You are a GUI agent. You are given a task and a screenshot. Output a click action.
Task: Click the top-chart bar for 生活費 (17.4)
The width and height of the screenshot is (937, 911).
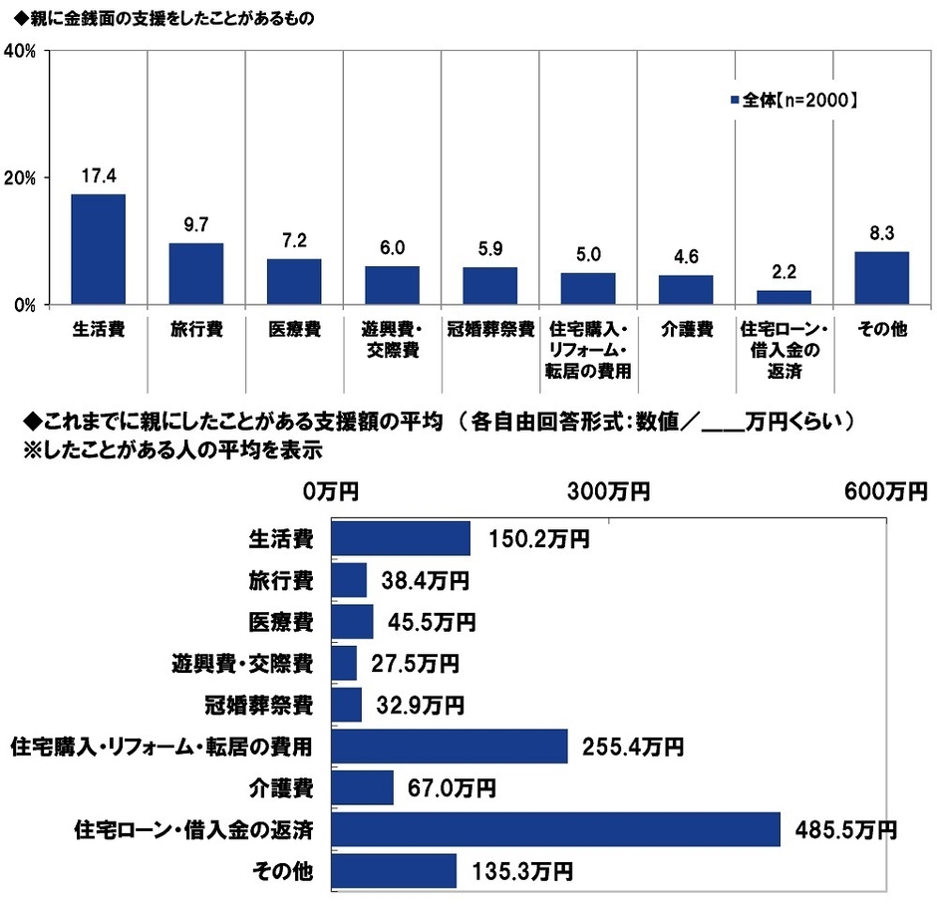(x=98, y=249)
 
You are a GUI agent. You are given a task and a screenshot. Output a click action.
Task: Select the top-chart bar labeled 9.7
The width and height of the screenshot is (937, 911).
(x=196, y=273)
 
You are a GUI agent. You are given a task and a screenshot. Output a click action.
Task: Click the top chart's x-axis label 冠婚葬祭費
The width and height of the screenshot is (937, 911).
(x=490, y=330)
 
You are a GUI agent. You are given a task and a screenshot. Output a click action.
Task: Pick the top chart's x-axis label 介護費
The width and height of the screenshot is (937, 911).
(x=686, y=330)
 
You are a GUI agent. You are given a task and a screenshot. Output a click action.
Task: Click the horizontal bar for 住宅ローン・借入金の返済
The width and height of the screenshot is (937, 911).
(x=554, y=829)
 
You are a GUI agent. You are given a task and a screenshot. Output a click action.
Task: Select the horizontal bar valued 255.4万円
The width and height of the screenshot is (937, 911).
(x=449, y=746)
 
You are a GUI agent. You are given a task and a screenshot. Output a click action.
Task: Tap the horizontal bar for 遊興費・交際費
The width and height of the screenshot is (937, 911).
(x=344, y=663)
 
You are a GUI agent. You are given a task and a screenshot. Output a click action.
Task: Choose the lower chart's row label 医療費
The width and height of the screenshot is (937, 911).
(x=281, y=622)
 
